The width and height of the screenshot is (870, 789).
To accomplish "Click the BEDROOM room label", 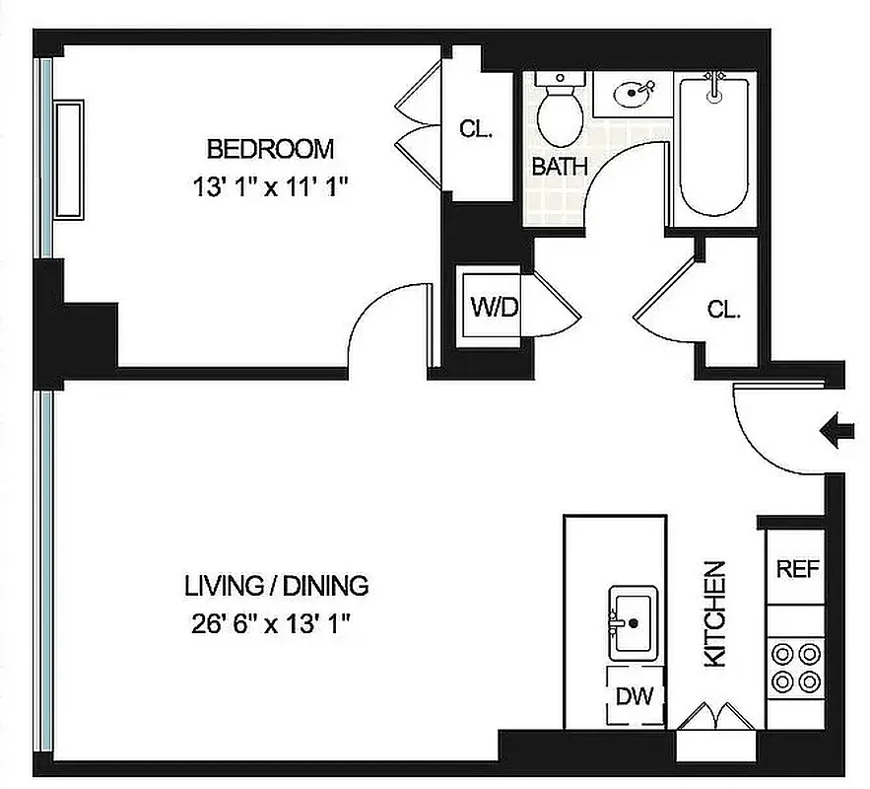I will tap(270, 149).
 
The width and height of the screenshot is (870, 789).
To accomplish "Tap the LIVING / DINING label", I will tap(276, 586).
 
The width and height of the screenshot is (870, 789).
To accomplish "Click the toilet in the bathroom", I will tap(560, 109).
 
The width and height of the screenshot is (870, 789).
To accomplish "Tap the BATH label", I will tap(559, 166).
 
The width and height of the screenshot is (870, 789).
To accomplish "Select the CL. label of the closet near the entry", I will tap(723, 309).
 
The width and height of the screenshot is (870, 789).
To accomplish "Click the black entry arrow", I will tap(837, 431).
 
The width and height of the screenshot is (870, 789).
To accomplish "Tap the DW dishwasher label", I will tap(636, 696).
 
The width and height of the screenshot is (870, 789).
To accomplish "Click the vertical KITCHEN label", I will tap(716, 613).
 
